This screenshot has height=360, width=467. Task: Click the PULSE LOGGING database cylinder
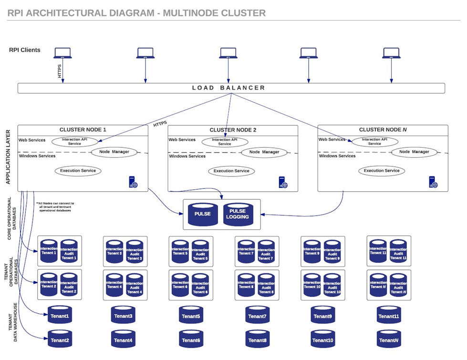[x=238, y=214]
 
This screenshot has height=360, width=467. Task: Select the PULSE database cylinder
[x=202, y=214]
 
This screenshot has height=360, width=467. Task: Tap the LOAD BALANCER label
[x=228, y=88]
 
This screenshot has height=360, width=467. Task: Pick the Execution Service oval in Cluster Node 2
[x=231, y=171]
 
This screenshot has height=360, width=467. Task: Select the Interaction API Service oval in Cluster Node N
[x=374, y=141]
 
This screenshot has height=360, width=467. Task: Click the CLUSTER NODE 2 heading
[x=233, y=130]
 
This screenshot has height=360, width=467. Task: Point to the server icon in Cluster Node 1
[x=133, y=182]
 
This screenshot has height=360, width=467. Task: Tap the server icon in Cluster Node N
[x=433, y=182]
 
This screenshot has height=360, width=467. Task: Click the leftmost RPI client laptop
[x=62, y=52]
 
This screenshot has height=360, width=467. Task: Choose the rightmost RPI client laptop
[x=391, y=52]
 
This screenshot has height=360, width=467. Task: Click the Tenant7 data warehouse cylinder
[x=257, y=316]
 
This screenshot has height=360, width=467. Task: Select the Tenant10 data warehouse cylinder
[x=323, y=339]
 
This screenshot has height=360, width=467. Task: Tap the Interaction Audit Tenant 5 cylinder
[x=200, y=251]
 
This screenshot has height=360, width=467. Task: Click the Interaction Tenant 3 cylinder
[x=114, y=251]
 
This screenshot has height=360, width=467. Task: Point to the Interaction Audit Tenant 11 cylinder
[x=398, y=251]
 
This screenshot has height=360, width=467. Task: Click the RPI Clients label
[x=25, y=50]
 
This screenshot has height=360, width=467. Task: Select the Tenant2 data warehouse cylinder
[x=60, y=339]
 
